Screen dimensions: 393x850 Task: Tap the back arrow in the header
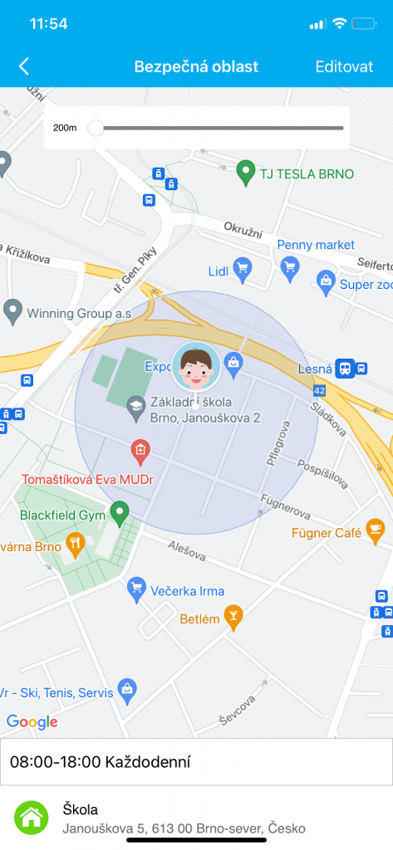coord(24,67)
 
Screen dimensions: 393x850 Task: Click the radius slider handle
coord(96,128)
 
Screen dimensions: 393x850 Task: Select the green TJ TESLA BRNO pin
coord(244,173)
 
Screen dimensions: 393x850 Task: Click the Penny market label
coord(316,245)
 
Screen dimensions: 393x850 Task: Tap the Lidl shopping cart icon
coord(242,267)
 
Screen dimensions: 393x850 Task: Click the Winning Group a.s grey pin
coord(12,312)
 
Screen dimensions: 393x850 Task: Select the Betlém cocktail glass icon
coord(234,617)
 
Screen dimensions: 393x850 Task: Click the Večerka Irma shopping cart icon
coord(136,590)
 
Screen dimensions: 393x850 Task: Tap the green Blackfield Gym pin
coord(120,513)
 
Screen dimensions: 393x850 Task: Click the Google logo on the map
coord(32,722)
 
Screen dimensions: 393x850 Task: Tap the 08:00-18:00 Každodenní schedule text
coord(100,762)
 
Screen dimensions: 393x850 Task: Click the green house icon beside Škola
coord(31,818)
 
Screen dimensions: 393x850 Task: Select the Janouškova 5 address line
coord(184,828)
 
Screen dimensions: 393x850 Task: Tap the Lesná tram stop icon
coord(345,369)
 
